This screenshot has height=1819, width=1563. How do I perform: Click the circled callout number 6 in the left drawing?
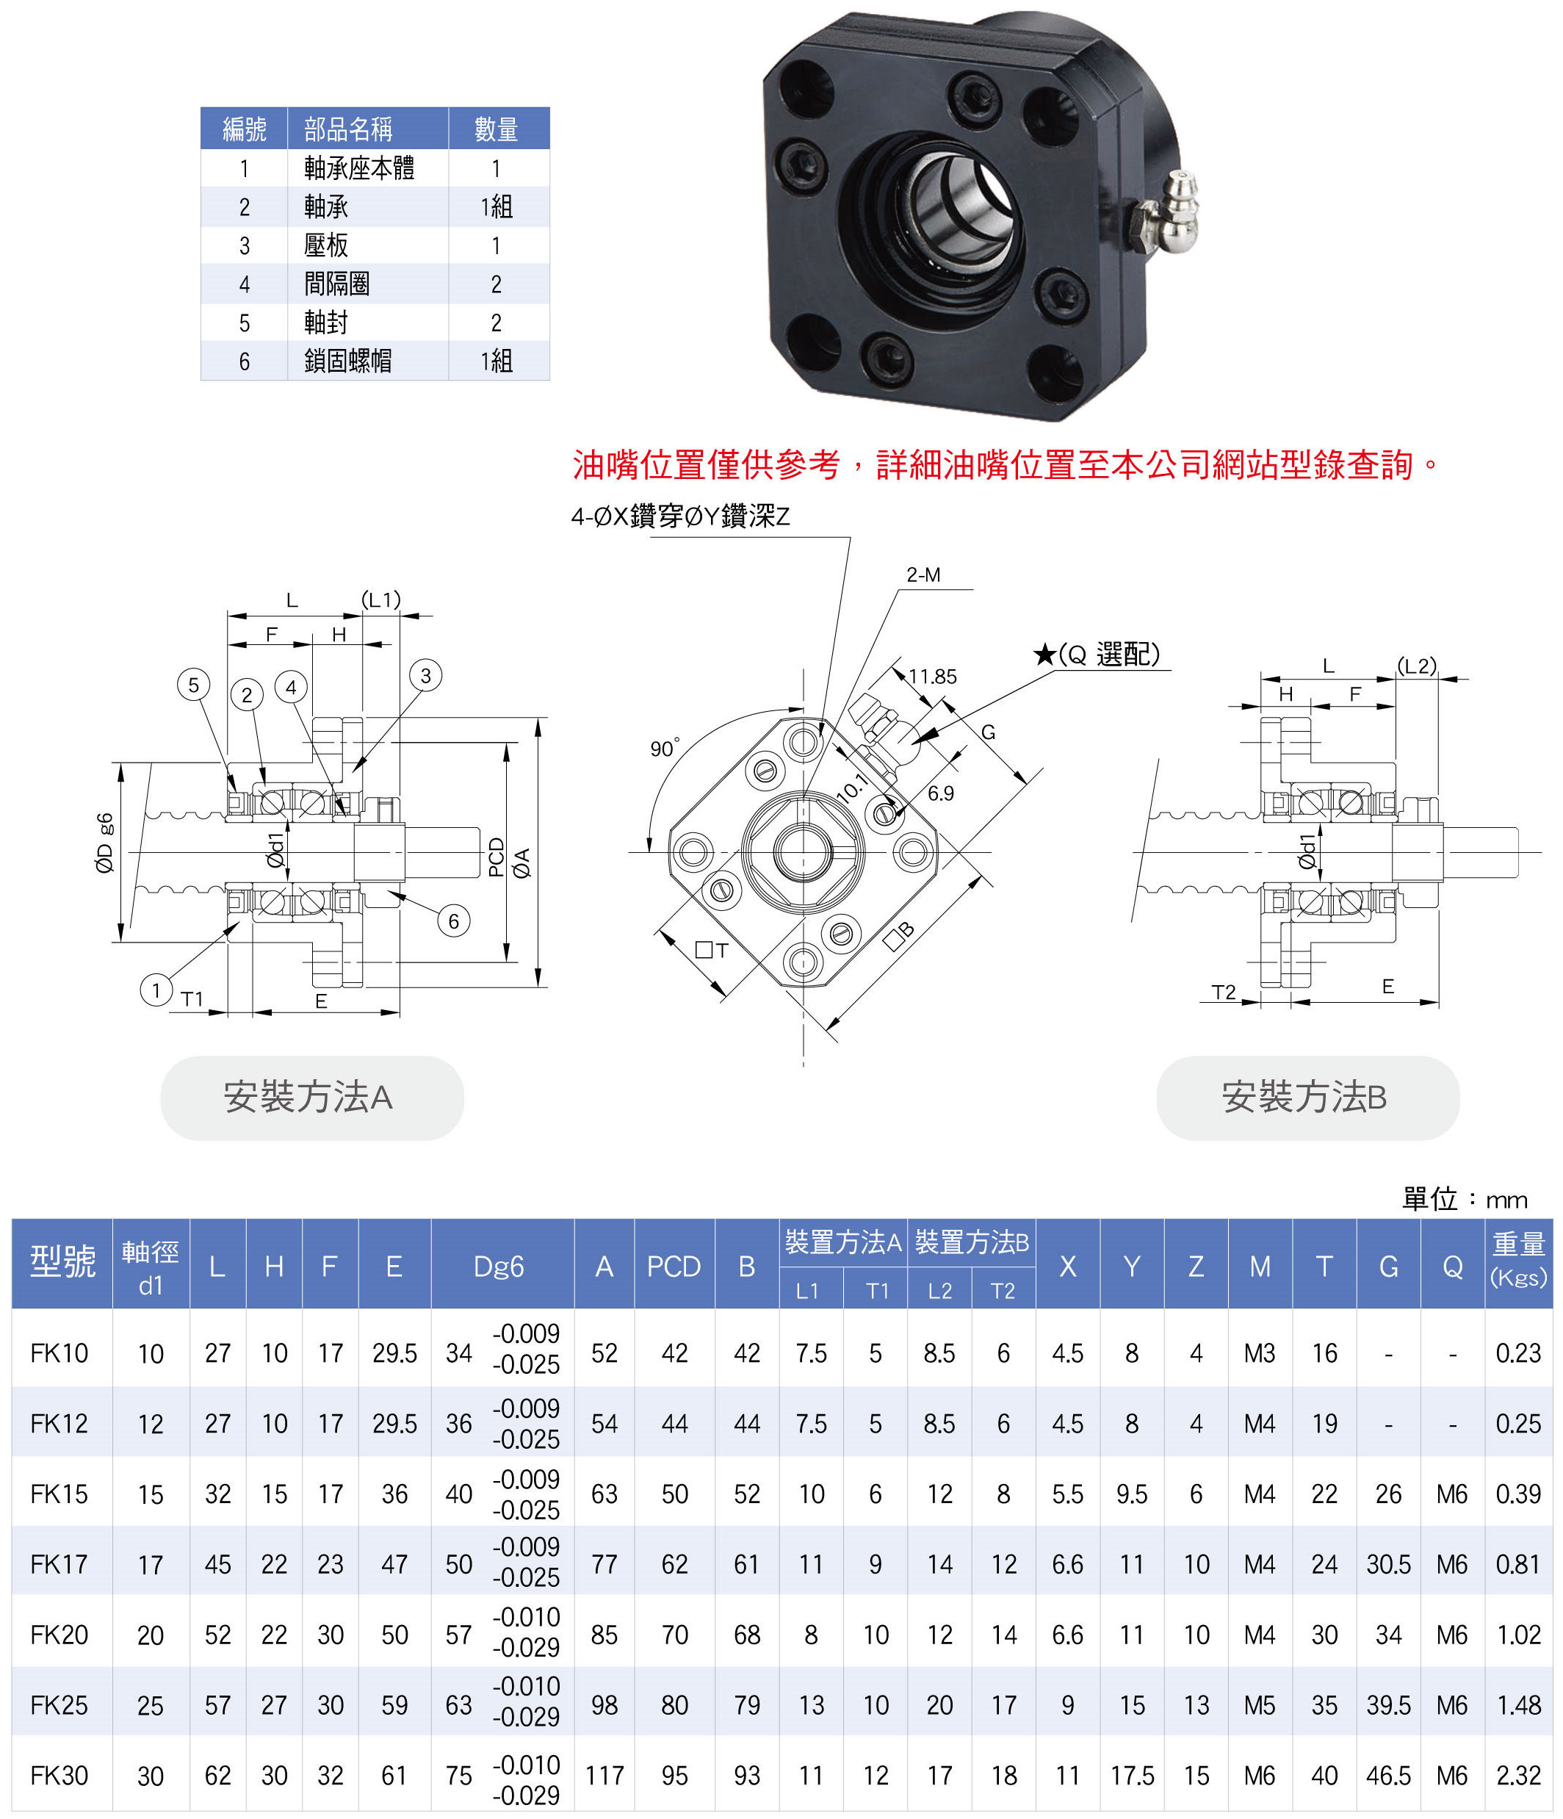[453, 921]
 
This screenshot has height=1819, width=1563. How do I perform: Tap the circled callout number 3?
[425, 675]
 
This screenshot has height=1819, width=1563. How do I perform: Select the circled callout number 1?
[156, 990]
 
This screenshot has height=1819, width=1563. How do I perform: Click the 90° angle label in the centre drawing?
[664, 748]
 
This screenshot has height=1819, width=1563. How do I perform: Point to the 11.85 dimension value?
[932, 677]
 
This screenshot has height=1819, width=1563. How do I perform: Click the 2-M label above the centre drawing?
[923, 575]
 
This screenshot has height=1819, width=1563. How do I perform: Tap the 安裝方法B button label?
[1307, 1098]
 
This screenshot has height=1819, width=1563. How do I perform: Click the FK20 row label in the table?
[59, 1635]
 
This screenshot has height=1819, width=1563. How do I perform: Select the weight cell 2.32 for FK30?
[1518, 1776]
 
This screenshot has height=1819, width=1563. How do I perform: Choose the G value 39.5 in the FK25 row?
[1388, 1705]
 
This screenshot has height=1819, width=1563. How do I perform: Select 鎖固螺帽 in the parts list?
[347, 361]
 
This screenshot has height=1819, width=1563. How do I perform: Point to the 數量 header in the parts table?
[497, 129]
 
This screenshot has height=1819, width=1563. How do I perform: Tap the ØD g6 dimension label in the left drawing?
[104, 843]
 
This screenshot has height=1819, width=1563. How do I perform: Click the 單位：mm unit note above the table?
[1464, 1199]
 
